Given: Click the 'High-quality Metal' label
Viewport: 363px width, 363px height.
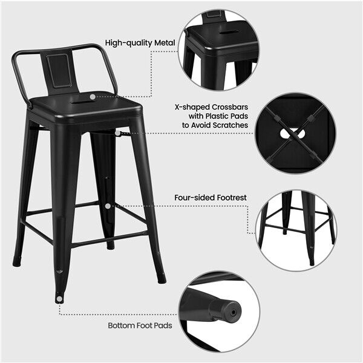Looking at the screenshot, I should [140, 43].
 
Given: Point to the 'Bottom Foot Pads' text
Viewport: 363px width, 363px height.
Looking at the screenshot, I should [140, 325].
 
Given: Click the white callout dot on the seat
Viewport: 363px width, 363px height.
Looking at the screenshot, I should [92, 96].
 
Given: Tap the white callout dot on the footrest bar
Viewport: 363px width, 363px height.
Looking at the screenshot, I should [108, 206].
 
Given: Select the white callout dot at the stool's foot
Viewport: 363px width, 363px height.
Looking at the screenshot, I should [59, 298].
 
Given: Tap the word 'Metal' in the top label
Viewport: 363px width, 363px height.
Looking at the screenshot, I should [164, 43].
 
